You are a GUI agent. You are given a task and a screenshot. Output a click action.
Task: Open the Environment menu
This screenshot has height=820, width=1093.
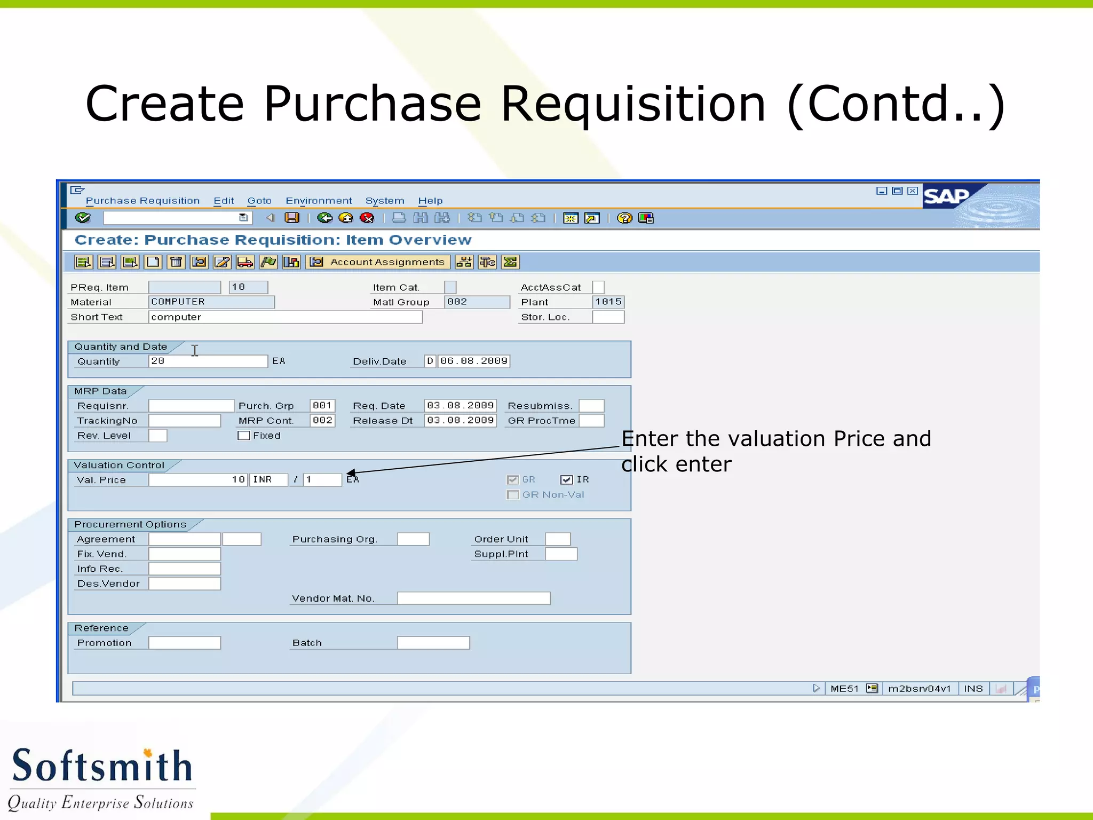319,201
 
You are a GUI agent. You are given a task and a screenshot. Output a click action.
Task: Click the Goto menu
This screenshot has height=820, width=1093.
259,201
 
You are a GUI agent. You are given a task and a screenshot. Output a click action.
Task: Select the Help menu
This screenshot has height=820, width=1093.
430,201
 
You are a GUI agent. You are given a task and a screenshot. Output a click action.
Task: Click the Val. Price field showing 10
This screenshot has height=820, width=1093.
197,479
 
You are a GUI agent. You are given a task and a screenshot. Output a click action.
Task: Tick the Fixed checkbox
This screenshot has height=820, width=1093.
244,436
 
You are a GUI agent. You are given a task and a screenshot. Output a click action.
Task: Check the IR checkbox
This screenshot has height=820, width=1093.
566,479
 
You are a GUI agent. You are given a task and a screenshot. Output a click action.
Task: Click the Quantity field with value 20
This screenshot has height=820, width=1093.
208,361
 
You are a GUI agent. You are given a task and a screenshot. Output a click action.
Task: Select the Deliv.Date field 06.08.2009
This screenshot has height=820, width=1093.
473,361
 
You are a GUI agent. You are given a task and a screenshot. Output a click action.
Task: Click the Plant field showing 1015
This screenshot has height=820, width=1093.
608,302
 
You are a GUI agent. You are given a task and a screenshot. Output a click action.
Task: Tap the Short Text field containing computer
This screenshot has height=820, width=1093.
285,317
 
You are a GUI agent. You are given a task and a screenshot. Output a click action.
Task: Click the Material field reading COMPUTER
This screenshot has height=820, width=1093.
211,302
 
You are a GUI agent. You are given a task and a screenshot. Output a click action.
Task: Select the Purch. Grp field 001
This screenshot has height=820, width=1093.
322,406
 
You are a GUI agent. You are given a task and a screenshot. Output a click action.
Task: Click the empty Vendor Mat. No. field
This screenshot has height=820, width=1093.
473,598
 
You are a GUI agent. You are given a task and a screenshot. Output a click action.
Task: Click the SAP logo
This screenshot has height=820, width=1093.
946,197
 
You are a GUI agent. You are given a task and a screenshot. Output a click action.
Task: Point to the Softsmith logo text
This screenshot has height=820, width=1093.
101,766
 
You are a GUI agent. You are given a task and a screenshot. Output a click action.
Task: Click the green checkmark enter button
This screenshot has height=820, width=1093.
83,218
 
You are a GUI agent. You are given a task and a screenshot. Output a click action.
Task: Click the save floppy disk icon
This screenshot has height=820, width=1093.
292,218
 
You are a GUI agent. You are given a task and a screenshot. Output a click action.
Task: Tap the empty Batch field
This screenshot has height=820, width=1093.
433,643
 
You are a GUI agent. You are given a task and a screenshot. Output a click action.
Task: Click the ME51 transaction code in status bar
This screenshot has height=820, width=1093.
844,689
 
